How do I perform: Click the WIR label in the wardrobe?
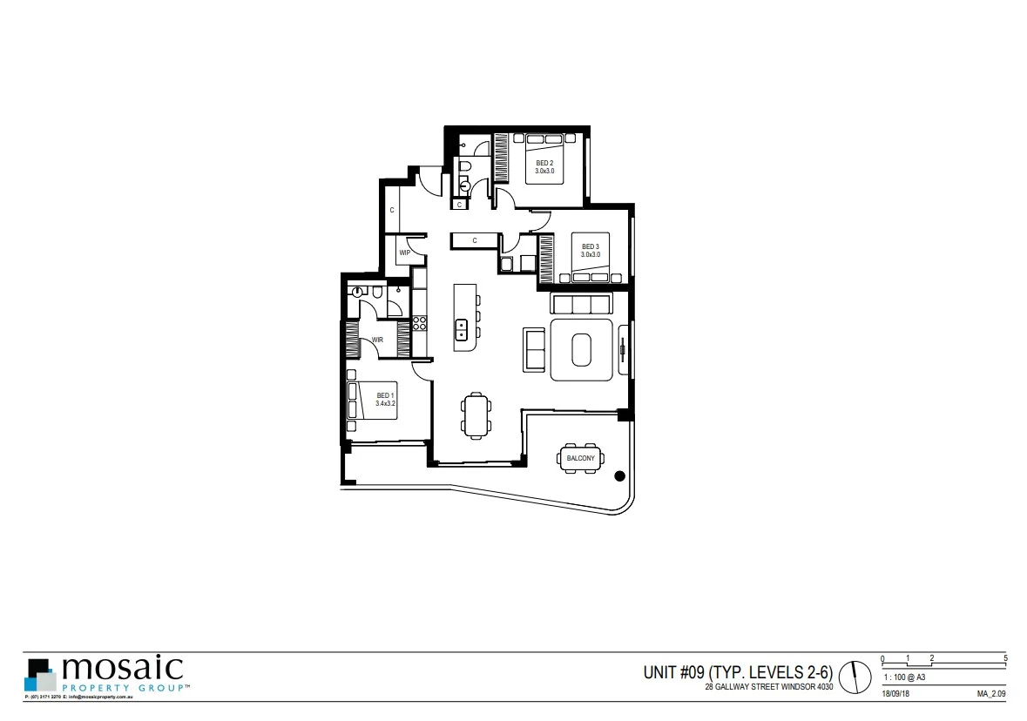click(378, 340)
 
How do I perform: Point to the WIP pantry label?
click(404, 253)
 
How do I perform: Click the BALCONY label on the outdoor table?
click(581, 458)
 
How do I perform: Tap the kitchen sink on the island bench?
click(463, 329)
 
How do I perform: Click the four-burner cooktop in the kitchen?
click(419, 323)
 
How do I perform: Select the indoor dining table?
click(476, 414)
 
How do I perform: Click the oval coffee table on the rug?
click(582, 351)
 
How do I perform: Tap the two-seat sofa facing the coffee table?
click(534, 350)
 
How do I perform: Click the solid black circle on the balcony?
click(619, 475)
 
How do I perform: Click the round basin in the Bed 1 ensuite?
click(356, 293)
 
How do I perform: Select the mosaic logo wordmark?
click(122, 669)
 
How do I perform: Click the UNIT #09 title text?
click(738, 672)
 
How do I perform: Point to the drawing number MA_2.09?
click(991, 693)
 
